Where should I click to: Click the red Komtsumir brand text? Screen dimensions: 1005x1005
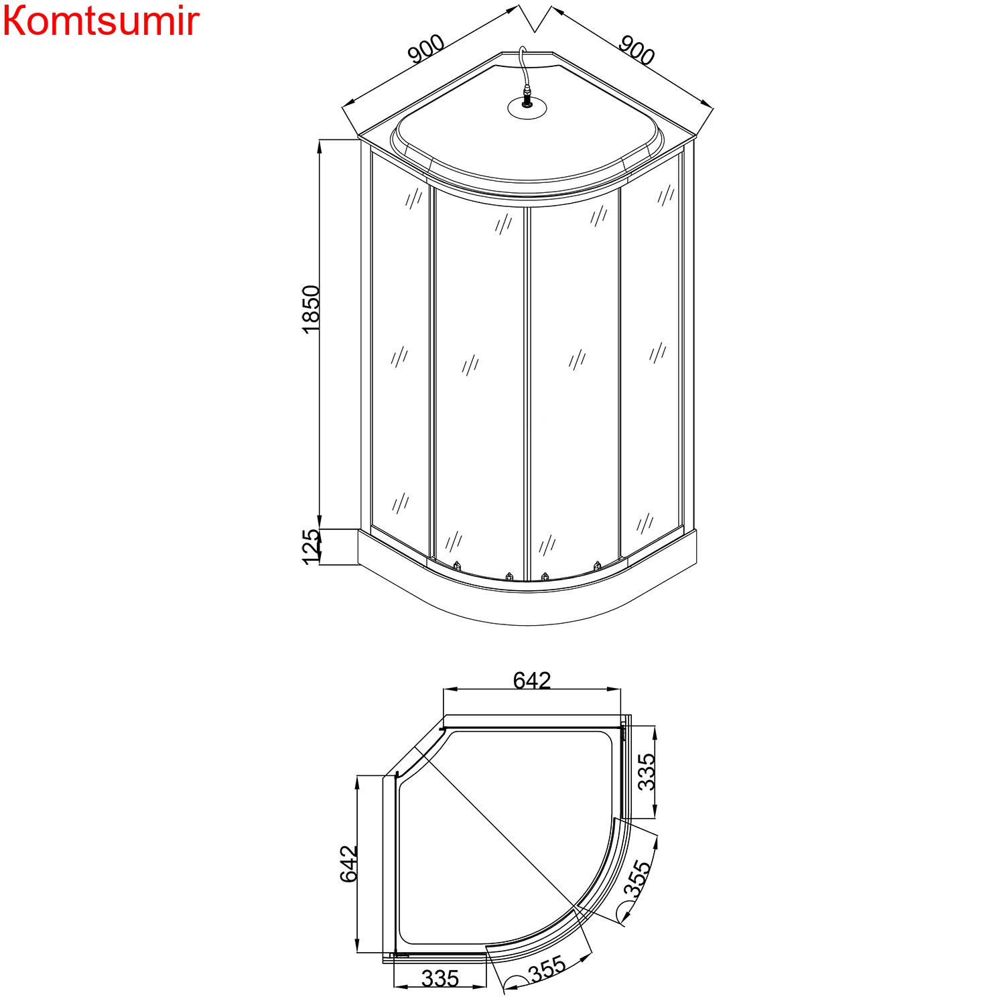point(100,21)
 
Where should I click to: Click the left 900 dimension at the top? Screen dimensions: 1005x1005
point(426,49)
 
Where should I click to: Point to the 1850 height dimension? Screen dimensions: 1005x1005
point(311,310)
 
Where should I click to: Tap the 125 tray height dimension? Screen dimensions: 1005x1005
point(311,547)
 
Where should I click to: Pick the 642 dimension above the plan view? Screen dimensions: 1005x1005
point(531,681)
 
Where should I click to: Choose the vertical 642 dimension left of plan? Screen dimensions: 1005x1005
point(349,864)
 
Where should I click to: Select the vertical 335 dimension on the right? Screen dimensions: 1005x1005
point(646,772)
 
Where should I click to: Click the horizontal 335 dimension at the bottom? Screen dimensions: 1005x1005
point(440,979)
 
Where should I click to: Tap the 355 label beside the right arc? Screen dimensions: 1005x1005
point(637,878)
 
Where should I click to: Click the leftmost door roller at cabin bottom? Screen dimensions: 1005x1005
point(457,565)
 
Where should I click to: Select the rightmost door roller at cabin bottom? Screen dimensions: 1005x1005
point(598,565)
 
